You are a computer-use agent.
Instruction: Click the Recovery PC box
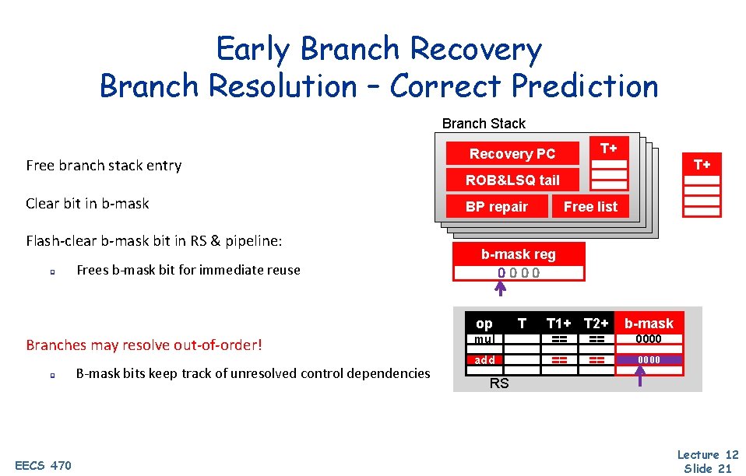coord(512,154)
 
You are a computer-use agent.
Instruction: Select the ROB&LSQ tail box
coord(512,180)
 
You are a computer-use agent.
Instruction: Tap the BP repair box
coord(496,207)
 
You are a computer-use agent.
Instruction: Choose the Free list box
coord(590,207)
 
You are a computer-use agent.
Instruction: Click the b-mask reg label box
coord(518,254)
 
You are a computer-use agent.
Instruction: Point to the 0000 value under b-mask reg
coord(519,273)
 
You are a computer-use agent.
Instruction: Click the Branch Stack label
coord(484,124)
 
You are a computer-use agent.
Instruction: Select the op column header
coord(484,324)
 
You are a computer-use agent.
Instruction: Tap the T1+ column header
coord(559,324)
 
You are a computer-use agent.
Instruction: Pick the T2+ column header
coord(596,324)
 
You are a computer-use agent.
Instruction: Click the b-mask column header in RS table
coord(649,324)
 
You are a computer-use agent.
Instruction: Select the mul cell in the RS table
coord(484,339)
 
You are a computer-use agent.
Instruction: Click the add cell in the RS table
coord(484,360)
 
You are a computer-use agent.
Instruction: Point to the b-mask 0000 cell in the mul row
coord(649,339)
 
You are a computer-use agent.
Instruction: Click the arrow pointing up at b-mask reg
coord(501,289)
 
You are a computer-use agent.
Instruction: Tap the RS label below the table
coord(499,383)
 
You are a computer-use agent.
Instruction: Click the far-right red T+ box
coord(702,164)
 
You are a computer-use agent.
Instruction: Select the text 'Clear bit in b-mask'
coord(87,204)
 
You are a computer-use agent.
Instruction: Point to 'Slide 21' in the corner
coord(708,468)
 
